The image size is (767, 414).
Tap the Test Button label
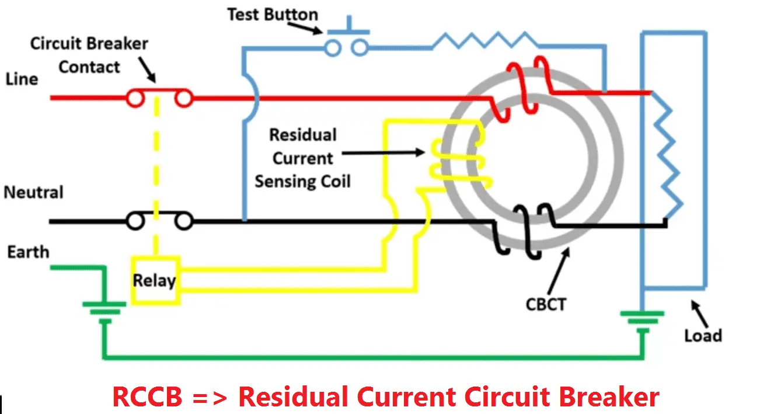tap(273, 15)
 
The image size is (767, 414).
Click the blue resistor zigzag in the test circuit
tap(484, 41)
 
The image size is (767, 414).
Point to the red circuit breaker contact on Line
tap(159, 98)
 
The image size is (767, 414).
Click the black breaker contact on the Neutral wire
tap(159, 221)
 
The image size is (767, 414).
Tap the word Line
tap(22, 79)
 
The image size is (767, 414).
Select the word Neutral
tap(34, 192)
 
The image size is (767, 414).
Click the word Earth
tap(28, 252)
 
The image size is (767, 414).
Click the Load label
tap(703, 336)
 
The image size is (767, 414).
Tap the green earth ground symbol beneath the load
tap(642, 320)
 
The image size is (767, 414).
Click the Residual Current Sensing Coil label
tap(302, 158)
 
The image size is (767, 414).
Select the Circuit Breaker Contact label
tap(89, 55)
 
